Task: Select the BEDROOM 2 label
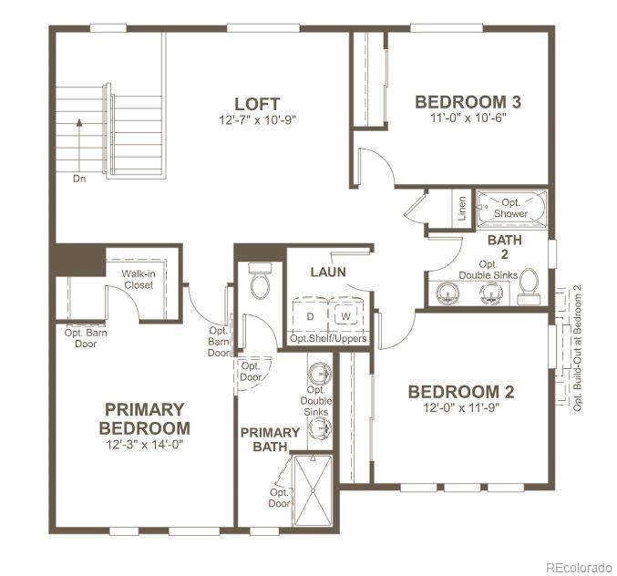pyautogui.click(x=460, y=391)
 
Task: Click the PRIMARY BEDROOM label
pyautogui.click(x=145, y=418)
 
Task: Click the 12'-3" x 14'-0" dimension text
pyautogui.click(x=145, y=445)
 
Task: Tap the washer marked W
pyautogui.click(x=345, y=315)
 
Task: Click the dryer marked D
pyautogui.click(x=311, y=315)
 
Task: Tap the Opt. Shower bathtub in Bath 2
pyautogui.click(x=510, y=207)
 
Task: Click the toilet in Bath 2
pyautogui.click(x=528, y=291)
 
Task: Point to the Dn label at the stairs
pyautogui.click(x=81, y=179)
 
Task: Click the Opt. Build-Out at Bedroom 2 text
pyautogui.click(x=577, y=346)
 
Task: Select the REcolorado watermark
pyautogui.click(x=579, y=566)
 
